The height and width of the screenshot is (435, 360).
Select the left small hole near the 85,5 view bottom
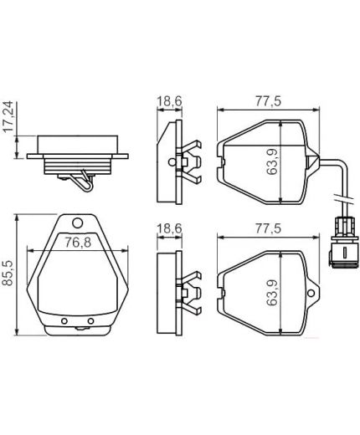[x=65, y=321]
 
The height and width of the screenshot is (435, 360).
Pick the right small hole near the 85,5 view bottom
[x=90, y=321]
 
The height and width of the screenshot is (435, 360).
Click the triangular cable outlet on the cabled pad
[x=311, y=161]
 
